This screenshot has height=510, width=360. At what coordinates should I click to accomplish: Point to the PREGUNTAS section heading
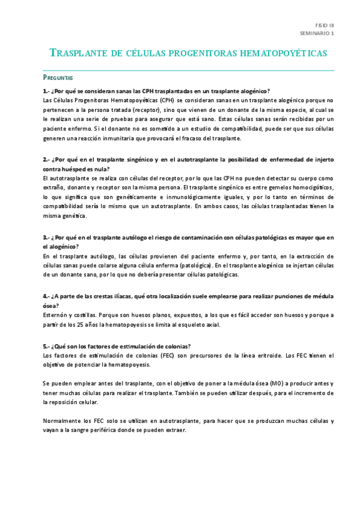[x=58, y=78]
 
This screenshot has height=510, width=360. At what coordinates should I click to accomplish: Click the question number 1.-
[x=46, y=91]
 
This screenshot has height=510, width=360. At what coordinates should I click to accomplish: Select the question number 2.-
[x=46, y=160]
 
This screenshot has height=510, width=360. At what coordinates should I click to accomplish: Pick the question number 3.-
[x=46, y=238]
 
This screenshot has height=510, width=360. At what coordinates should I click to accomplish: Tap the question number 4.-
[x=46, y=296]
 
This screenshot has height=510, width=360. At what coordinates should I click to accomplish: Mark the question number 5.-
[x=46, y=346]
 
